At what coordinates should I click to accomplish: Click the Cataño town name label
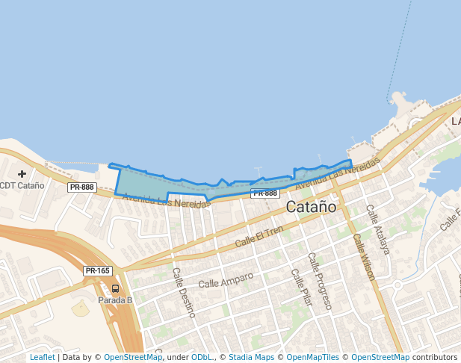(311, 207)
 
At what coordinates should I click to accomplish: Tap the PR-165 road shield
(97, 271)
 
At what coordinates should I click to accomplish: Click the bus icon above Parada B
(115, 288)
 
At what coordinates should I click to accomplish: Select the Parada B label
(115, 300)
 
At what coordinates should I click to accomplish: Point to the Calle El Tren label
(259, 237)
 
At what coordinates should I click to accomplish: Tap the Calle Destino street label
(184, 293)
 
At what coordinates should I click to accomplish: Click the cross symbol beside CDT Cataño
(22, 174)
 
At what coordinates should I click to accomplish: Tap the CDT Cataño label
(22, 185)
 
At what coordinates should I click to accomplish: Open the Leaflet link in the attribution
(42, 357)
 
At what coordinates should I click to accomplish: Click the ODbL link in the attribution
(202, 357)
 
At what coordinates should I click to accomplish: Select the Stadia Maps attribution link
(251, 357)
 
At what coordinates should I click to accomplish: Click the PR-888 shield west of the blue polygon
(81, 187)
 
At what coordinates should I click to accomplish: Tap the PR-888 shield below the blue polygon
(264, 193)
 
